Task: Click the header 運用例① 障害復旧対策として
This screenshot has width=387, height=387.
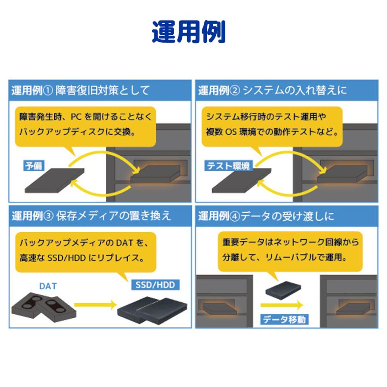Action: pos(80,90)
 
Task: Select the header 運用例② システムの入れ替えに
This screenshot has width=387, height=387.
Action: pos(272,90)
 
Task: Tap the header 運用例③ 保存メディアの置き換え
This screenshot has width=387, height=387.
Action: pos(91,215)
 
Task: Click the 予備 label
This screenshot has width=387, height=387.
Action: pos(34,166)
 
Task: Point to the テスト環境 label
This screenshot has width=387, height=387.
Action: pos(228,166)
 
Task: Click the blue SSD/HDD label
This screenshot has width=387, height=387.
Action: pos(155,285)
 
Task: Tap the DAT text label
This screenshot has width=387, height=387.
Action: pos(48,286)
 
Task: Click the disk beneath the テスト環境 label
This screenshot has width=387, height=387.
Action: pos(241,181)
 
